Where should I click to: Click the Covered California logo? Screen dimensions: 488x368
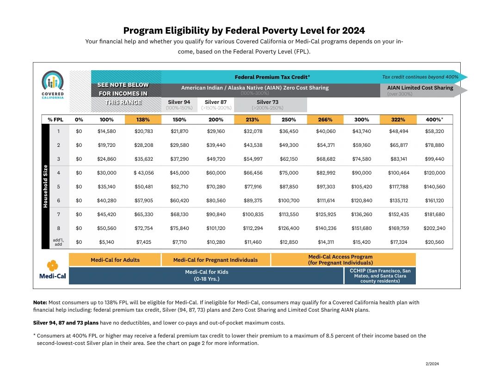coord(53,84)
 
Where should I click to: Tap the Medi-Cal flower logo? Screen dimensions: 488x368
coord(53,265)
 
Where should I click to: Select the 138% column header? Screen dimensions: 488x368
coord(143,120)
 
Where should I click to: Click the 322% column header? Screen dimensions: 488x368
coord(398,120)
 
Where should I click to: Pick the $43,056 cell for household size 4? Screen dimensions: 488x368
coord(144,173)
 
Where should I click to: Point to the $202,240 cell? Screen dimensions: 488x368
coord(434,228)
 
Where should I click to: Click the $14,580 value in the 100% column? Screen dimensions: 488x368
coord(106,131)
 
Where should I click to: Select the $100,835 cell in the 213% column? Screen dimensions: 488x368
coord(253,214)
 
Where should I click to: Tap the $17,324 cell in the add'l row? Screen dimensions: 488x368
coord(399,242)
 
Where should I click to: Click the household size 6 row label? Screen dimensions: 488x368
coord(58,200)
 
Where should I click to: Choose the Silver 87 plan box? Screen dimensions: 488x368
coord(216,105)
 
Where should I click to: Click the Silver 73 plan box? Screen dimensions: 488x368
coord(271,105)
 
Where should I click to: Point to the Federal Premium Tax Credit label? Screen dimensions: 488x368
coord(272,77)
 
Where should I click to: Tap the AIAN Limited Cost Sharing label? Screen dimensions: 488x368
coord(420,88)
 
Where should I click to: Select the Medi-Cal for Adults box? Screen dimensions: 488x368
coord(115,259)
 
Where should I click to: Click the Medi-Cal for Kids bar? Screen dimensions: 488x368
coord(206,276)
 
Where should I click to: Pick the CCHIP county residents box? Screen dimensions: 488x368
coord(380,276)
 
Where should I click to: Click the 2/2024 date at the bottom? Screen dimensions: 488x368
coord(432,364)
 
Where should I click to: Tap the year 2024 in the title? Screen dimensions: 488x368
coord(353,30)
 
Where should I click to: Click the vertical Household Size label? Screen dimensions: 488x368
coord(45,187)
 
